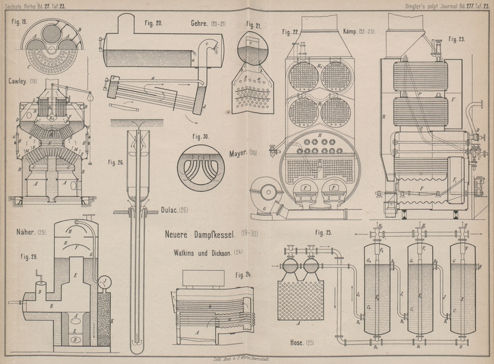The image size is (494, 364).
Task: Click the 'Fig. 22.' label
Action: pyautogui.click(x=291, y=31)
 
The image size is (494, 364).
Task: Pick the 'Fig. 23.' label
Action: pyautogui.click(x=458, y=38)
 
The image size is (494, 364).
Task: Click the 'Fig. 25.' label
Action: pyautogui.click(x=324, y=233)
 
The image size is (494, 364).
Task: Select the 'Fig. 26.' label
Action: pyautogui.click(x=116, y=163)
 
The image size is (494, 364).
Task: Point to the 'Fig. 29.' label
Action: pyautogui.click(x=28, y=255)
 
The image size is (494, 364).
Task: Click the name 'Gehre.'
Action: pyautogui.click(x=203, y=23)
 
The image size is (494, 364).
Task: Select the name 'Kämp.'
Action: pyautogui.click(x=350, y=30)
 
